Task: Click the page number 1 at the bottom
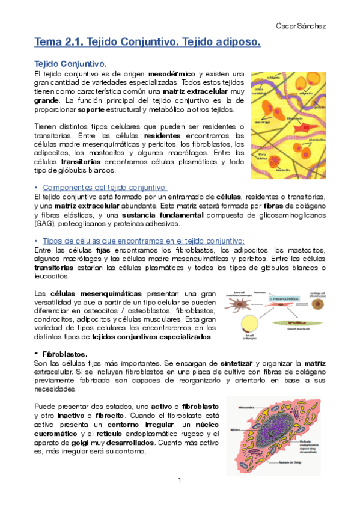(x=179, y=480)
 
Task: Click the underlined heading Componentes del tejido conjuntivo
(x=105, y=188)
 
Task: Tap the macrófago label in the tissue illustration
(x=261, y=121)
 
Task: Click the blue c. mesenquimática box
(x=280, y=298)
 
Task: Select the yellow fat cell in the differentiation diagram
(x=247, y=325)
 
